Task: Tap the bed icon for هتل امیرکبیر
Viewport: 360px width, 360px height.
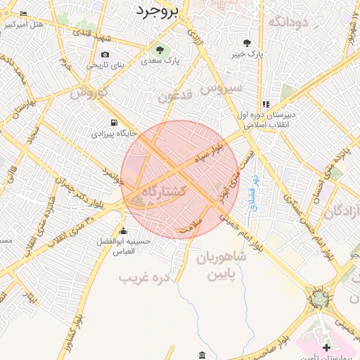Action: pos(24,13)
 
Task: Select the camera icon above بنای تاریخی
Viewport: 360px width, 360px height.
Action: pos(105,54)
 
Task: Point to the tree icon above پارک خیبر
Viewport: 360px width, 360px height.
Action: pos(247,42)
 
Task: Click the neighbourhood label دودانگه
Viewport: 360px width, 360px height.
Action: pos(288,22)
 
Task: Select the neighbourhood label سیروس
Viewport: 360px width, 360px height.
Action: pos(221,88)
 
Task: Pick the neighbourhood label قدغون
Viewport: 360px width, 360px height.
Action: pos(174,96)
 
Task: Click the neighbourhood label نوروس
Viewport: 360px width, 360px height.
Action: pos(89,92)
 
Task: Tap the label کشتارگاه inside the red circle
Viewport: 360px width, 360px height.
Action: pos(164,191)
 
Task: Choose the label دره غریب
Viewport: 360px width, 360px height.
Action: pos(145,278)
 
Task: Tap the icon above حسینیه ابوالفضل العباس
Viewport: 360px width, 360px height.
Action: pos(124,231)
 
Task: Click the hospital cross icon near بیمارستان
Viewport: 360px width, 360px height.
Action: pos(326,347)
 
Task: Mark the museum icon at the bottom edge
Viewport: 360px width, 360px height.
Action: pos(202,354)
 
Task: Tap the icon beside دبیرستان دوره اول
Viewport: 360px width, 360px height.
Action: pos(266,104)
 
